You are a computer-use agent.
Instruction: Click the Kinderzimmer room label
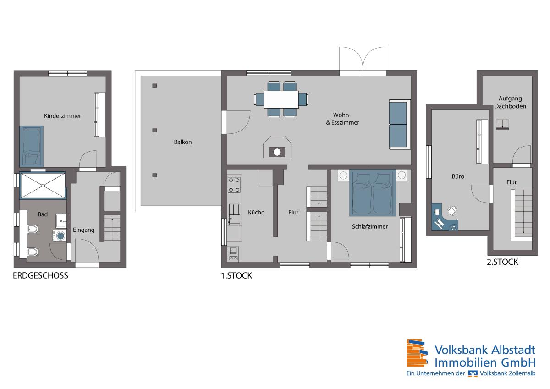click(x=62, y=116)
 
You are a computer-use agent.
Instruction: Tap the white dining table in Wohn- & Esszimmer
click(x=281, y=99)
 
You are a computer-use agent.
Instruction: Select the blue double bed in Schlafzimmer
click(x=373, y=193)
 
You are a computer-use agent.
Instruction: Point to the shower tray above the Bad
click(x=43, y=186)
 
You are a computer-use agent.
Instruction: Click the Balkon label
click(x=183, y=142)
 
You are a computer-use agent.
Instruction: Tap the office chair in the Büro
click(x=452, y=211)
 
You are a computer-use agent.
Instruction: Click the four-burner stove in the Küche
click(x=234, y=185)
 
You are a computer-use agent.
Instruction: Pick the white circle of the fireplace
click(x=277, y=153)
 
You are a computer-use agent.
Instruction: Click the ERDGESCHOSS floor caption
click(x=40, y=276)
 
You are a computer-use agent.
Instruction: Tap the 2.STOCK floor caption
click(x=502, y=262)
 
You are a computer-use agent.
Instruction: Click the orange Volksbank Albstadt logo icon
click(x=417, y=353)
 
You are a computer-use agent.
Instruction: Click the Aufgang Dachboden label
click(x=510, y=102)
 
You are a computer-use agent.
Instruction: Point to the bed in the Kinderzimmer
click(x=32, y=147)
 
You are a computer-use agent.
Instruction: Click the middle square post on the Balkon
click(x=154, y=130)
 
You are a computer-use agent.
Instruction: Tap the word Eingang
click(x=83, y=230)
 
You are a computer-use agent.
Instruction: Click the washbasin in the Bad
click(x=61, y=221)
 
